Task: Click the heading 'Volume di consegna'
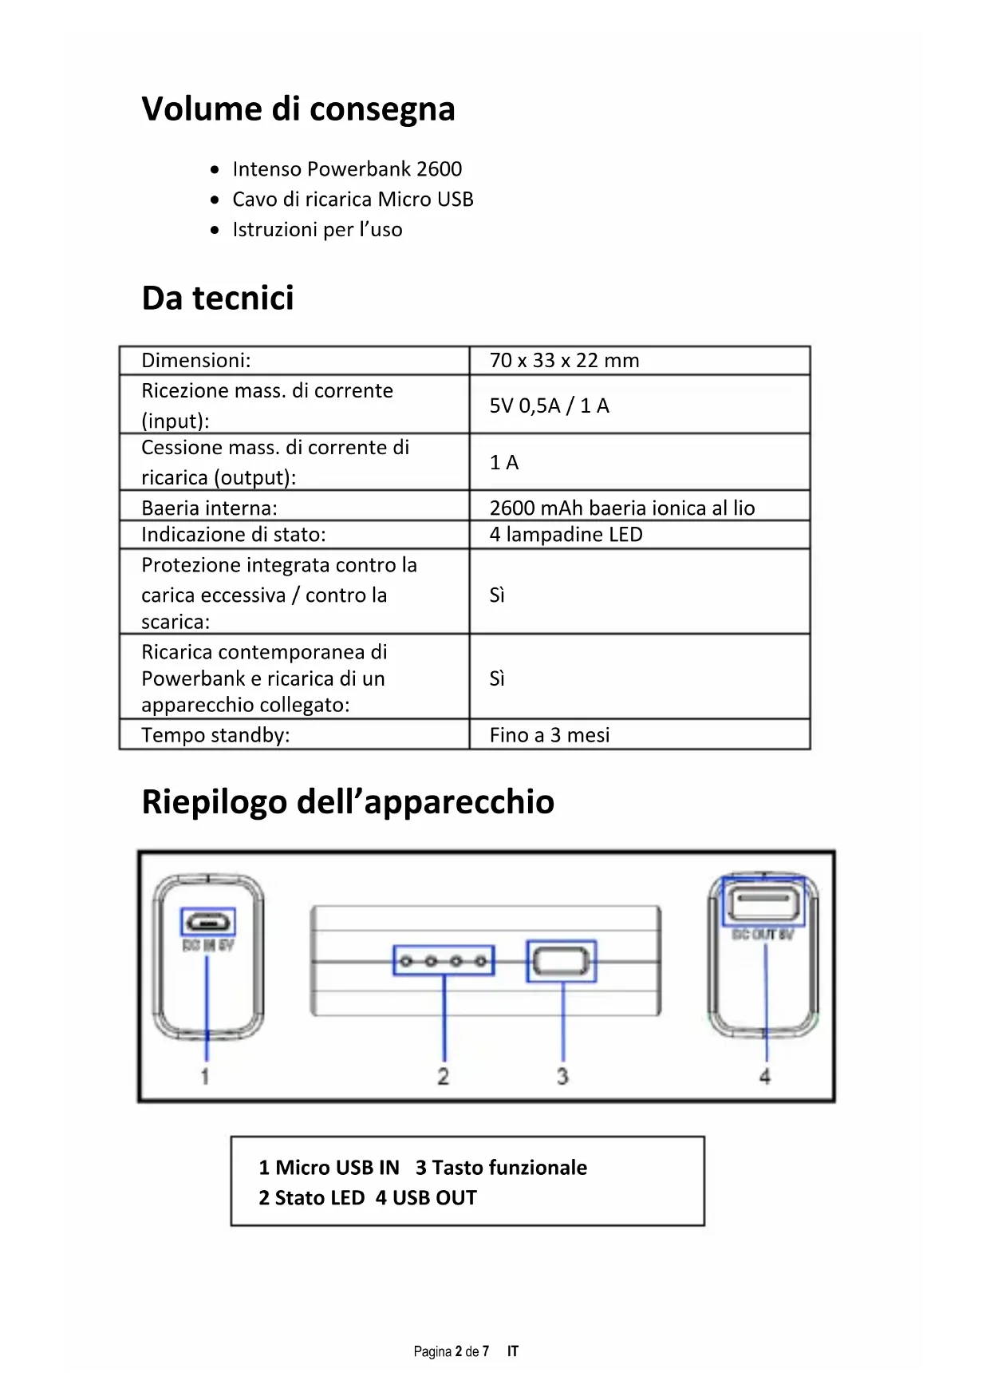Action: [298, 109]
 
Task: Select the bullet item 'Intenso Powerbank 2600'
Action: [347, 169]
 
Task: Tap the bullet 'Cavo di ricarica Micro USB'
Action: [353, 200]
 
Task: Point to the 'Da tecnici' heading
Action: [218, 298]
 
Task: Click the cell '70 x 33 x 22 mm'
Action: [564, 361]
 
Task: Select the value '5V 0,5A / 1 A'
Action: [549, 405]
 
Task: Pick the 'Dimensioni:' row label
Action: [195, 361]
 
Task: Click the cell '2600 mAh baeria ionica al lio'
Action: [621, 508]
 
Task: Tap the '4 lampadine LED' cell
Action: [566, 535]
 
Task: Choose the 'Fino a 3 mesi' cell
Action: [549, 735]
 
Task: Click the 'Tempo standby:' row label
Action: [215, 735]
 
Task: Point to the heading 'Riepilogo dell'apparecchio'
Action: [348, 801]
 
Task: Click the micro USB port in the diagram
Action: [208, 923]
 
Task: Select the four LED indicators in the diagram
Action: [444, 961]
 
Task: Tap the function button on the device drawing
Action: [562, 961]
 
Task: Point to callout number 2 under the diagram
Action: [444, 1077]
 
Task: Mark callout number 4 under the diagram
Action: [764, 1077]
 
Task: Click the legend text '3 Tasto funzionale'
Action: [501, 1168]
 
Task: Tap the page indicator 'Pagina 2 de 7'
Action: [451, 1351]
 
